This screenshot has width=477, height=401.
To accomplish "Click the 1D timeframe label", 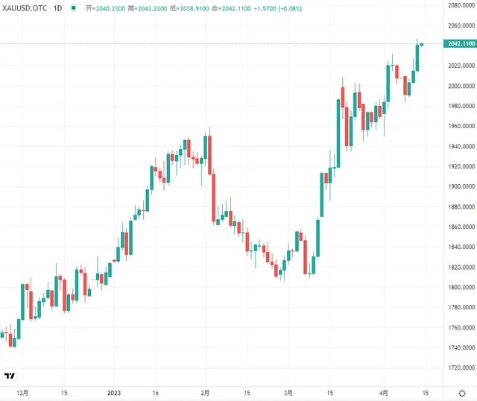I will pos(57,7).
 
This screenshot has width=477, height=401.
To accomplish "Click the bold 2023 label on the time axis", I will pos(114,392).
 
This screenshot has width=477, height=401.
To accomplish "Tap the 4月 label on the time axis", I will pos(384,392).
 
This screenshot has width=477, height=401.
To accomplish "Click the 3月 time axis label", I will pos(288,392).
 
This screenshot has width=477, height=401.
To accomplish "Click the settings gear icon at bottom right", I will pos(461,392).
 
